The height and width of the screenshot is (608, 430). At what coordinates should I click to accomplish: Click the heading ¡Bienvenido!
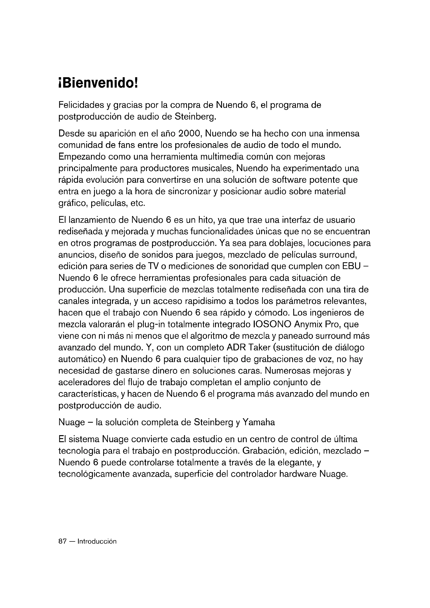point(98,84)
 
